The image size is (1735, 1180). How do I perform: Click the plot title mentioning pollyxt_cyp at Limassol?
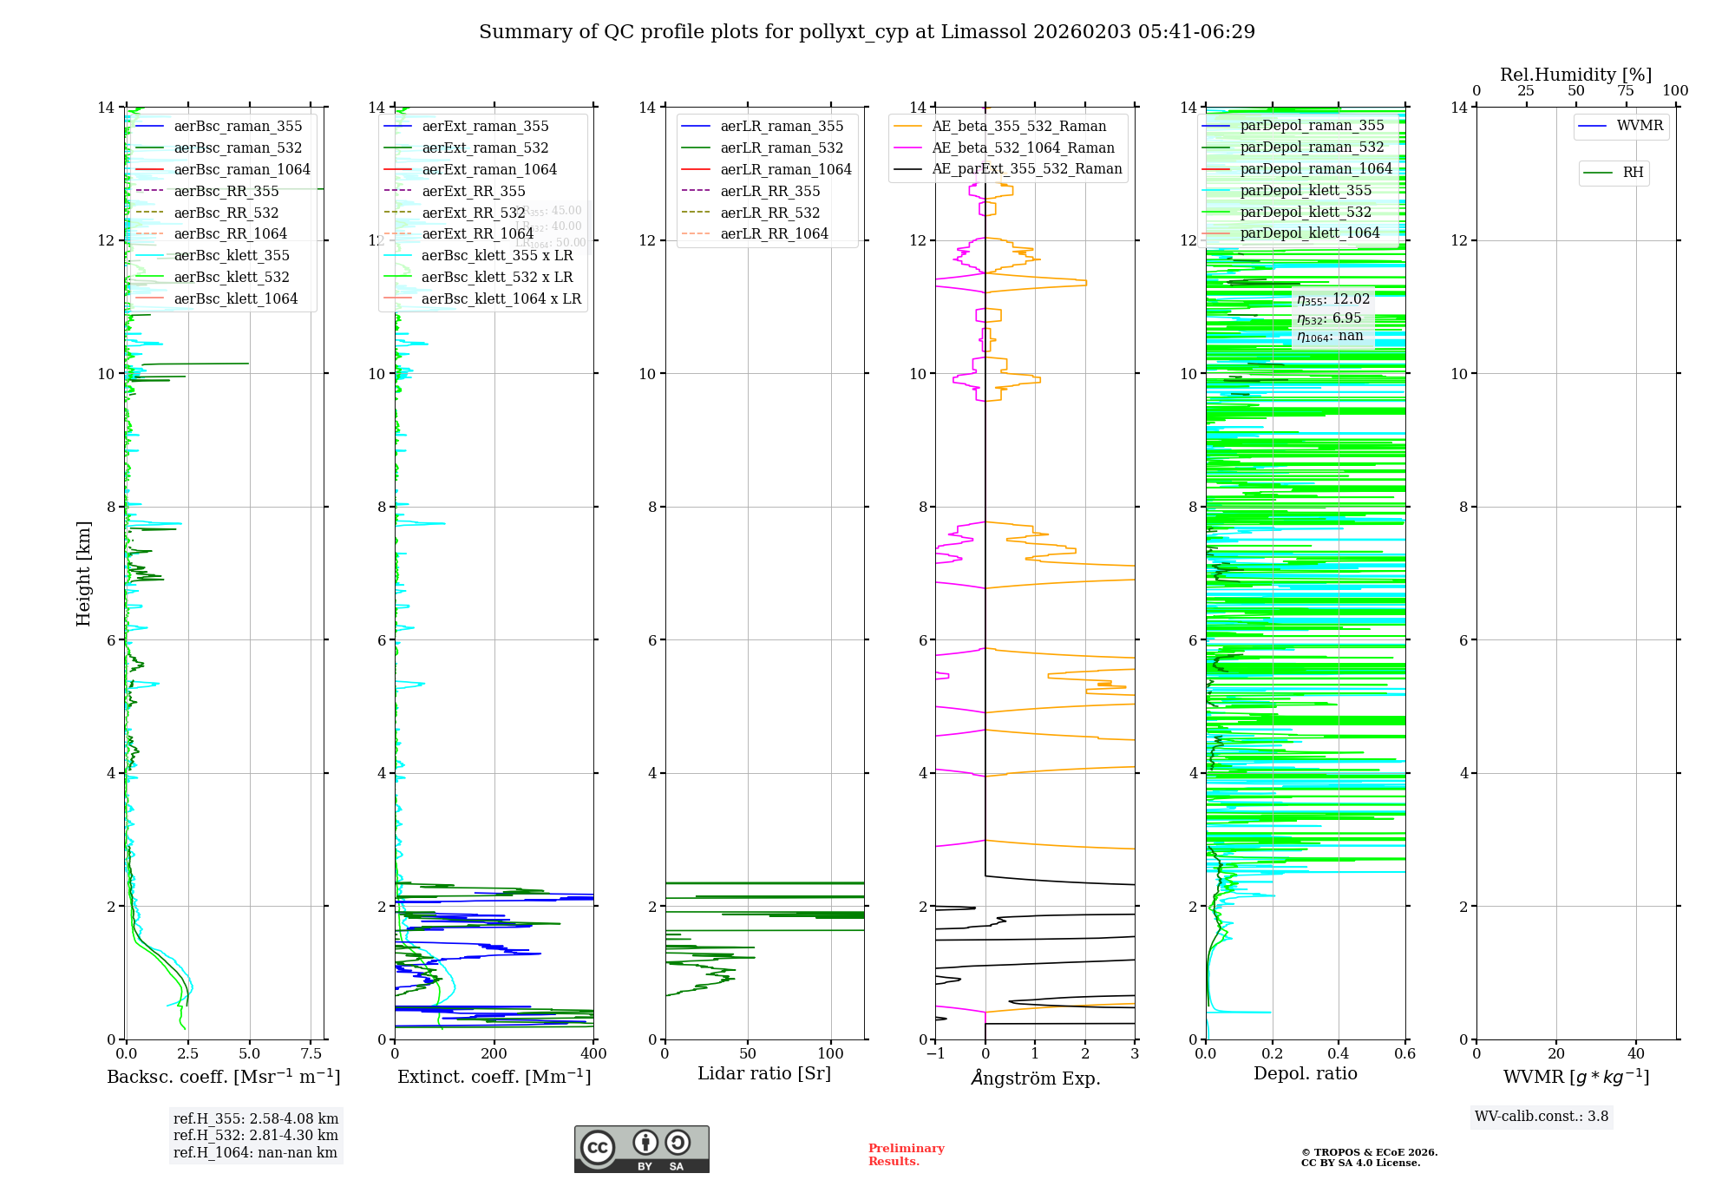point(867,32)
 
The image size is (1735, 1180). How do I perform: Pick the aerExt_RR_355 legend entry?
point(473,191)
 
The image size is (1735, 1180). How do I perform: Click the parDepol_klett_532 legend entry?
point(1305,212)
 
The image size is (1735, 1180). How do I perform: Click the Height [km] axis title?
point(83,573)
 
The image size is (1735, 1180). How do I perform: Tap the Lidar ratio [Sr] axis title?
point(764,1073)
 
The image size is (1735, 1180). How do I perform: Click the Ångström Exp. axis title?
point(1035,1078)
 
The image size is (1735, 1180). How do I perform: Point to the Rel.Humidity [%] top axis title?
point(1575,75)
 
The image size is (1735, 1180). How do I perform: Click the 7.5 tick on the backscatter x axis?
point(311,1054)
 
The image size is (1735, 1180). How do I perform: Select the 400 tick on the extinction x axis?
point(593,1054)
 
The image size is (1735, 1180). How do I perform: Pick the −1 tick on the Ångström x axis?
point(935,1054)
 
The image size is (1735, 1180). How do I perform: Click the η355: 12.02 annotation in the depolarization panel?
point(1332,300)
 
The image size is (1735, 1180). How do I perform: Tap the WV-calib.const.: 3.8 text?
point(1541,1117)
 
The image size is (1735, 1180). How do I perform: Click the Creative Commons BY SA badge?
point(641,1149)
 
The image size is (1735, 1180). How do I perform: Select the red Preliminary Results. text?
point(906,1155)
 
